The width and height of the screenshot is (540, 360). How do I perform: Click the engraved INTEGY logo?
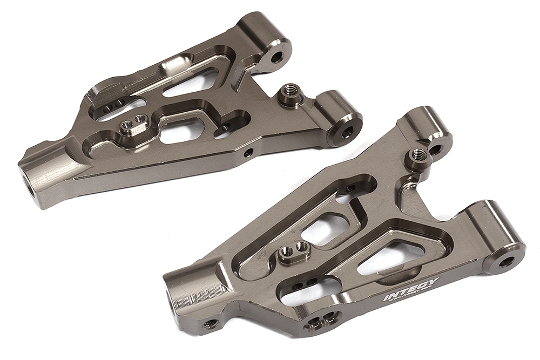[411, 290]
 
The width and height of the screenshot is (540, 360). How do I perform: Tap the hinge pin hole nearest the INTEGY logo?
[506, 262]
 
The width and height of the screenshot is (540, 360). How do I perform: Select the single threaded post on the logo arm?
[418, 155]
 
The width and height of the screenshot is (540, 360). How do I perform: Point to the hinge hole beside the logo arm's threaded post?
[435, 149]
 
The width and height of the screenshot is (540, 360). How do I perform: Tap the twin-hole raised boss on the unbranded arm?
[133, 123]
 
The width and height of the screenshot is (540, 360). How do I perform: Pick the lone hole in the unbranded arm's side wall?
[248, 153]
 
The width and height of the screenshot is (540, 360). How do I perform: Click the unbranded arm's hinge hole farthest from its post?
[278, 56]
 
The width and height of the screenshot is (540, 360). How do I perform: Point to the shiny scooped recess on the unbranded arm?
[174, 65]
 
